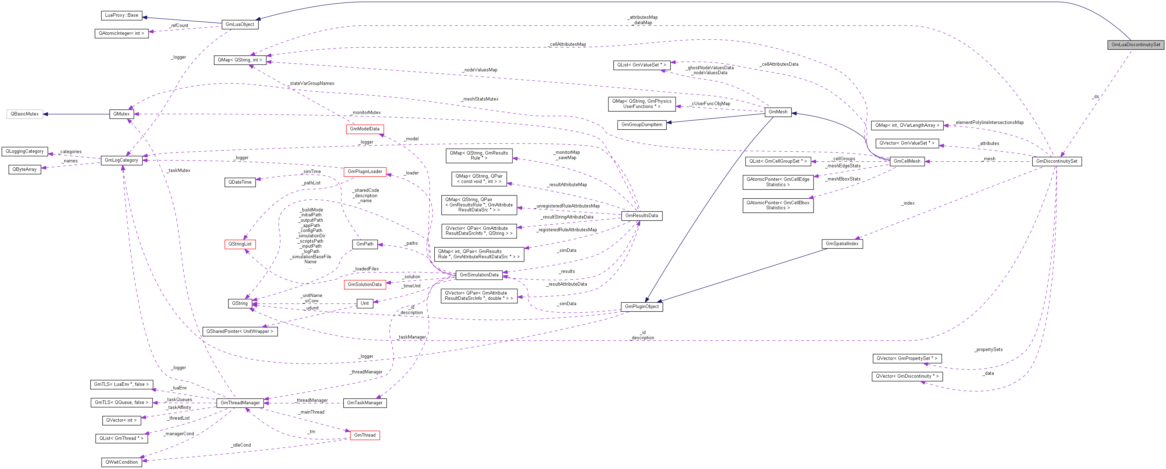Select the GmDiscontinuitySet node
point(1057,161)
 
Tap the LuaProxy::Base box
point(121,15)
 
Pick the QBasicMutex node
point(25,114)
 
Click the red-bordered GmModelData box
point(364,129)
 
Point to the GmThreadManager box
point(240,403)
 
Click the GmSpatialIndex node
point(842,243)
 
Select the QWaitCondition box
point(121,462)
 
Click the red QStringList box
point(240,244)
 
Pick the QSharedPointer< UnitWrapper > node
point(240,331)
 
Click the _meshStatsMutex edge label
point(480,99)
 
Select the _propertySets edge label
point(988,350)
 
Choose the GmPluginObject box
point(641,307)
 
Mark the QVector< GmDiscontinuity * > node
point(907,376)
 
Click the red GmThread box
point(364,435)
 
